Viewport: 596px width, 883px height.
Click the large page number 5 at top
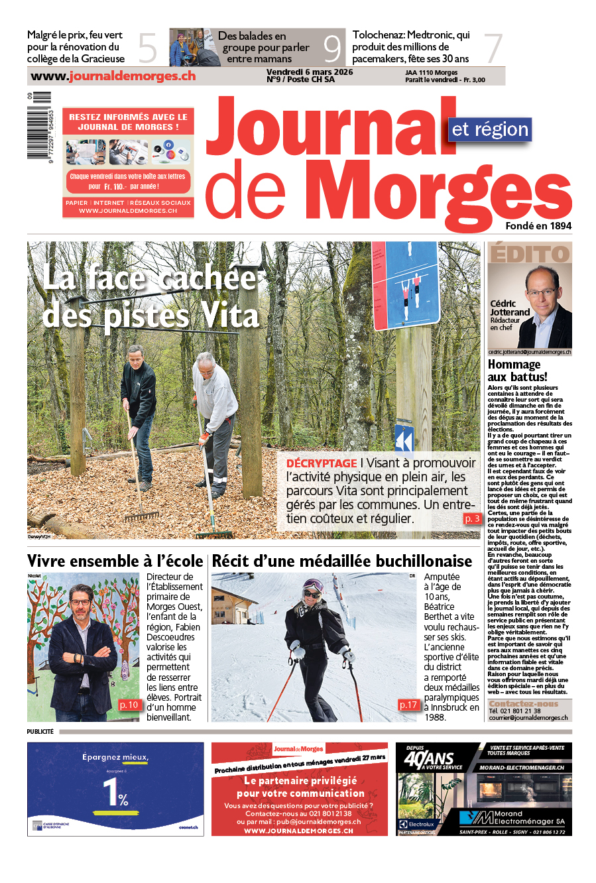tap(147, 48)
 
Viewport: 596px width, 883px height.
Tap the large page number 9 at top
tap(331, 48)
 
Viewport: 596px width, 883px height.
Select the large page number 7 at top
tap(493, 48)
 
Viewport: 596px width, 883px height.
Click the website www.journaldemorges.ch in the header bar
tap(113, 76)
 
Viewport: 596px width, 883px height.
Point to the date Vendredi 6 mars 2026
tap(310, 72)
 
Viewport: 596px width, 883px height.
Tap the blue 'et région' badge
tap(490, 129)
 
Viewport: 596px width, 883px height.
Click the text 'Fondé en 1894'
tap(538, 226)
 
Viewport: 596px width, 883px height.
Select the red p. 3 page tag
tap(472, 519)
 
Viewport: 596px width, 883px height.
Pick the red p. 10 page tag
tap(129, 705)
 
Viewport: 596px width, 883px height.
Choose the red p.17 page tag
tap(408, 705)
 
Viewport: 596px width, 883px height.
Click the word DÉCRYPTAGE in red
tap(322, 463)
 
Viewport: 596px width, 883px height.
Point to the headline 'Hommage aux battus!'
tap(518, 371)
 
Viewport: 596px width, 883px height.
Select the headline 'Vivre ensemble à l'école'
tap(115, 561)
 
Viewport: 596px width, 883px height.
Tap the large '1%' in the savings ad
tap(115, 792)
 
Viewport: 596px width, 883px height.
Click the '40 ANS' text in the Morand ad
tap(429, 758)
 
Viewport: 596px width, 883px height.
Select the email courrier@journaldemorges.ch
tap(528, 717)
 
